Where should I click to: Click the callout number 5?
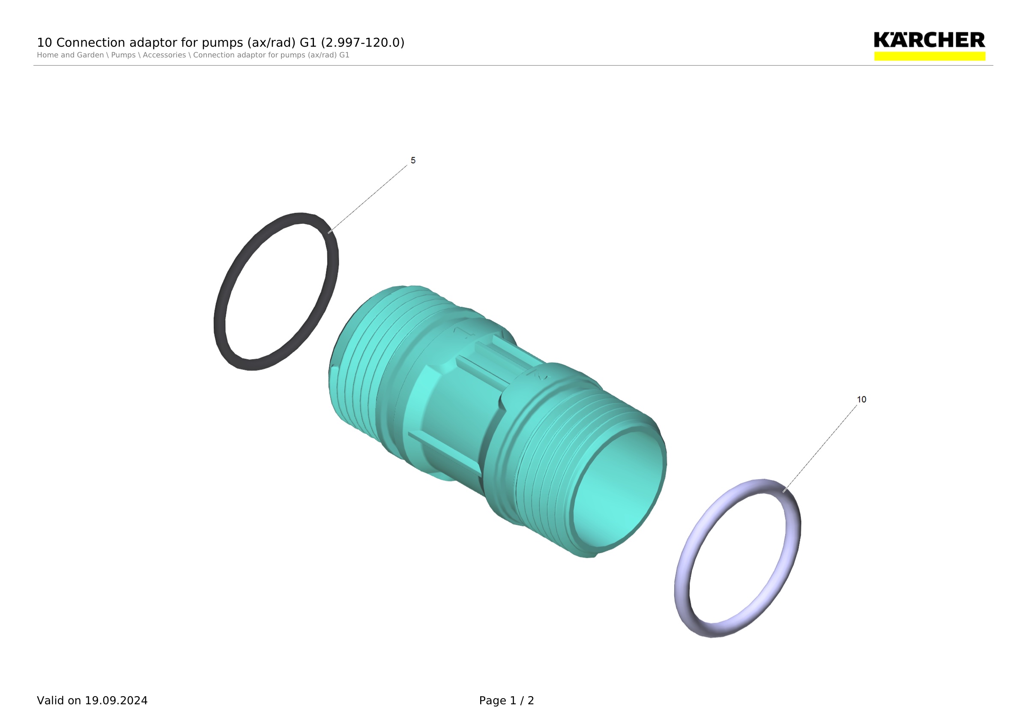click(x=413, y=160)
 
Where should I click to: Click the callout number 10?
click(x=861, y=400)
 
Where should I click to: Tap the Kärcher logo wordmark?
click(x=929, y=40)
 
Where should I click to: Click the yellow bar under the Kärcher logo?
click(x=929, y=56)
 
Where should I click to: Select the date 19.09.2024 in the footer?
click(x=116, y=700)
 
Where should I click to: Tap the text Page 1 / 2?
click(x=506, y=700)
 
